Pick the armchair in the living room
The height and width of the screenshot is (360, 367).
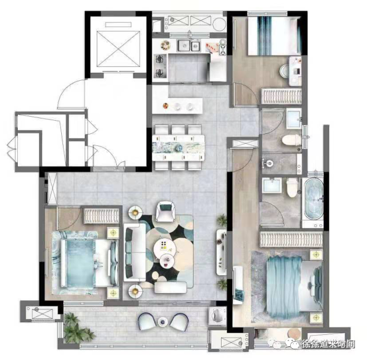165,212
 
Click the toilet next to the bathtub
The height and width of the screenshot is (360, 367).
292,187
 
